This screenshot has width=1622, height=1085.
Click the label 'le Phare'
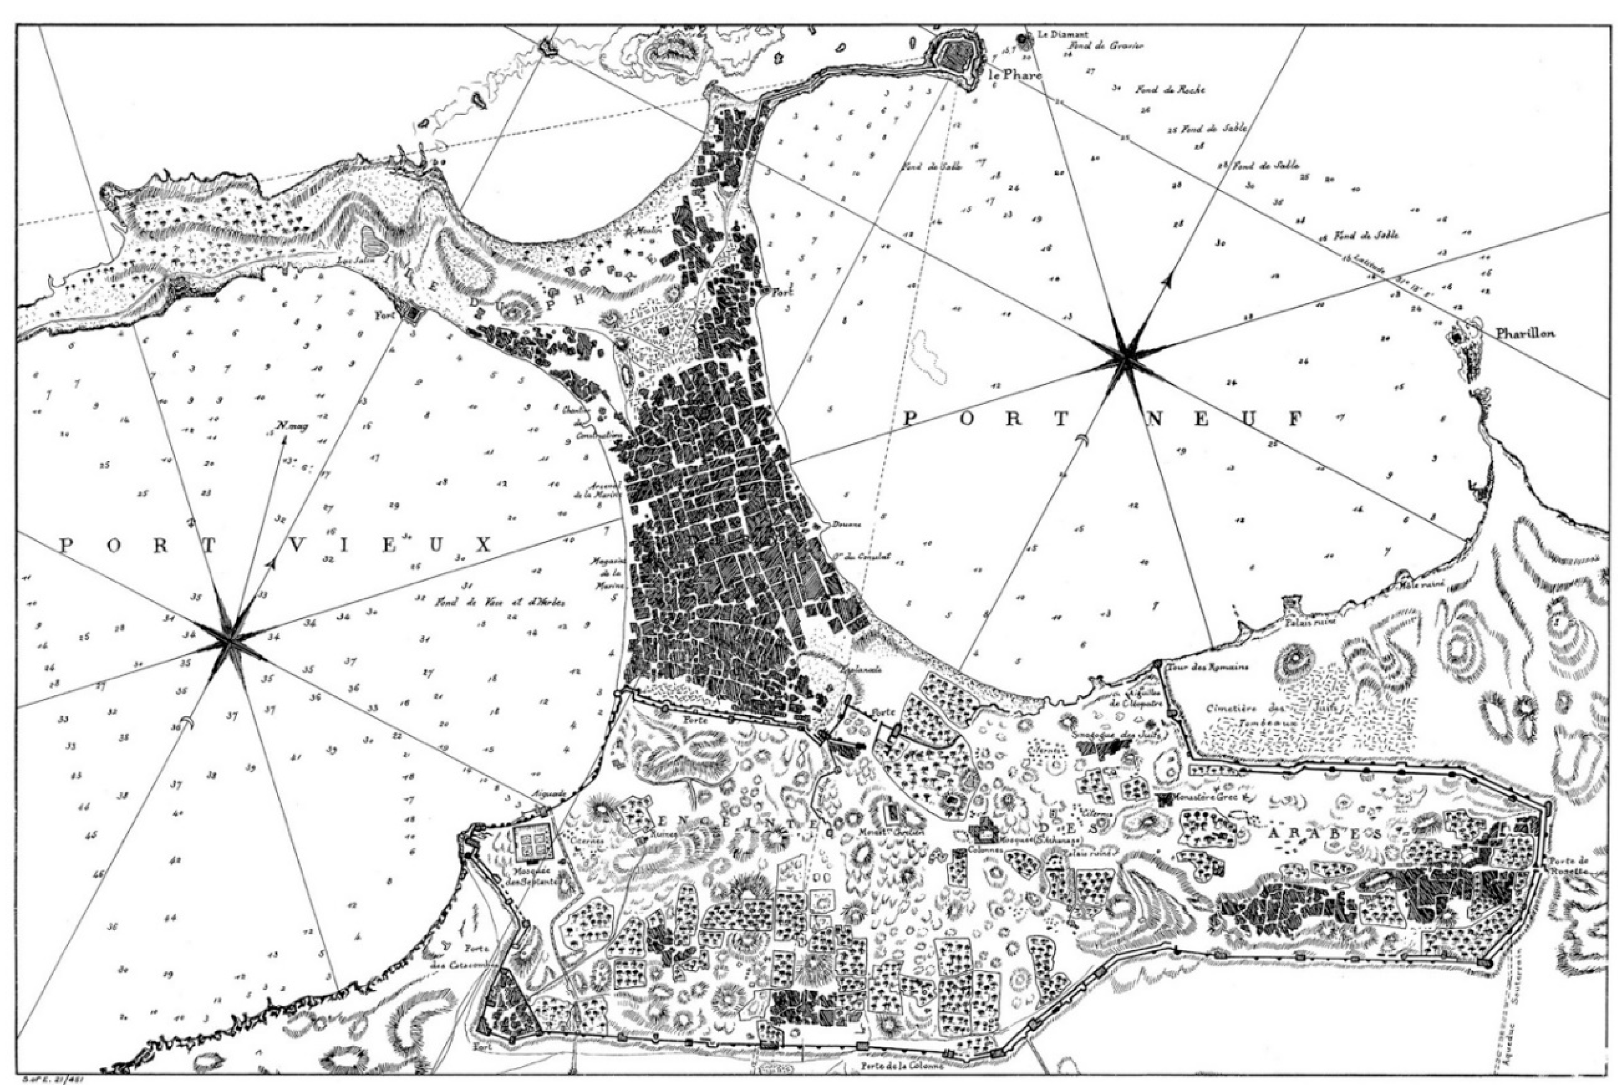[x=1015, y=76]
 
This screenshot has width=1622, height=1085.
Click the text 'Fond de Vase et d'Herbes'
[x=500, y=603]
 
